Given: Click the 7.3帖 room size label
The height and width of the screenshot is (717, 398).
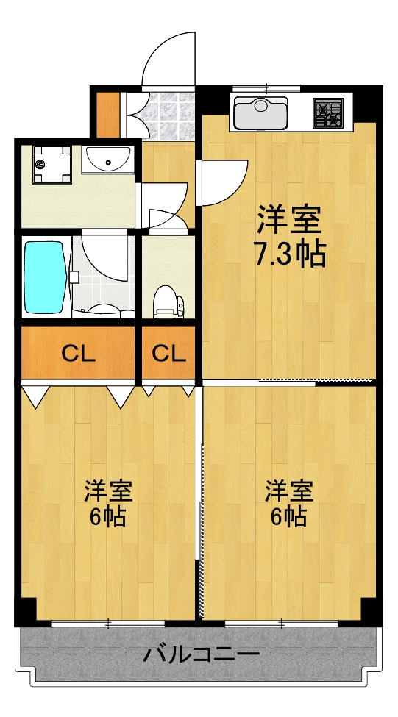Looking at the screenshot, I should coord(290,254).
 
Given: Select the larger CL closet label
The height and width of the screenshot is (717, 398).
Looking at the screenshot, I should coord(78,354).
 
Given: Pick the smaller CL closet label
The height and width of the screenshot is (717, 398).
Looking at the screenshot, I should coord(168,354).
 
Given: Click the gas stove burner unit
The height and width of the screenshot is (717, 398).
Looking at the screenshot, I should coord(328,113).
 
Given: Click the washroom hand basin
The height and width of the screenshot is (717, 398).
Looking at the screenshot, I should coord(107,158).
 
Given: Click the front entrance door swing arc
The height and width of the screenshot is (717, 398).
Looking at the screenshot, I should coord(168,59).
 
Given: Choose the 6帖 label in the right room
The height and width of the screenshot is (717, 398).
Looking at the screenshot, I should coord(289,517).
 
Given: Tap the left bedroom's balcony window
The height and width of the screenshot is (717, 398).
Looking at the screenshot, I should coord(107,624).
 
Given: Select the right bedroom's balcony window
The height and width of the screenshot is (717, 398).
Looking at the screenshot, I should coord(282,624).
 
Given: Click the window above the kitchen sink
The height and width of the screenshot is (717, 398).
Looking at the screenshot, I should coord(266,88).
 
